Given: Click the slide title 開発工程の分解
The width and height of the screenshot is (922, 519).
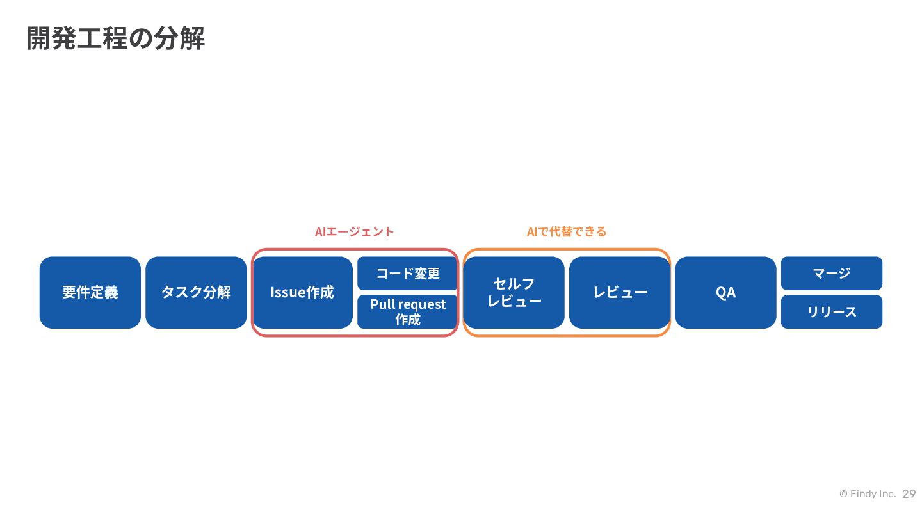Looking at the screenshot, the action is point(116,38).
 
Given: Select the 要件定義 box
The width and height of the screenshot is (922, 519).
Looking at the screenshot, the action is point(90,292).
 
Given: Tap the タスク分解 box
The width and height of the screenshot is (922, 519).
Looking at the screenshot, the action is point(196,292).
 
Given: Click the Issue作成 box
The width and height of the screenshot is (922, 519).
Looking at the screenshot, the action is point(302,292).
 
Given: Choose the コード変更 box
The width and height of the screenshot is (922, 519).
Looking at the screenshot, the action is point(407,274).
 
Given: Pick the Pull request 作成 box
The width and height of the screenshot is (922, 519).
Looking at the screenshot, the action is point(407,312).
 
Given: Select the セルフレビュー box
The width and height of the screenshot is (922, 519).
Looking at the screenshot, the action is point(514,292).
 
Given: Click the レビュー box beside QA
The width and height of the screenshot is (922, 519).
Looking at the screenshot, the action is point(620,292).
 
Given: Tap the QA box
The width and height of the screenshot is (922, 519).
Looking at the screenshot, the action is point(725,292).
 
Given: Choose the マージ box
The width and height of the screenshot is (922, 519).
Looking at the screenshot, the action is point(832,274).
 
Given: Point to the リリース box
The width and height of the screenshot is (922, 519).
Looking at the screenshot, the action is point(832,312).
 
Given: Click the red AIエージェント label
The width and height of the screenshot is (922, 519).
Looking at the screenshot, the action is point(355,232).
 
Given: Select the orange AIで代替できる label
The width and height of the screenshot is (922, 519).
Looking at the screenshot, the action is point(567,232).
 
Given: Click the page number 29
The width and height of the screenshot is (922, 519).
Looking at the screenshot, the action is point(909,494).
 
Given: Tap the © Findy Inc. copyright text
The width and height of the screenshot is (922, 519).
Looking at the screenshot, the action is point(868,494).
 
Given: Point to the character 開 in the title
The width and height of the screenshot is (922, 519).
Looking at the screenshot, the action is point(38,38).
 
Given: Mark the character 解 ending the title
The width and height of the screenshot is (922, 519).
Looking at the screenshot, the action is point(192,38).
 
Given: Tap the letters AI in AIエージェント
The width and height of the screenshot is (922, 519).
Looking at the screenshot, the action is point(320,232).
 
